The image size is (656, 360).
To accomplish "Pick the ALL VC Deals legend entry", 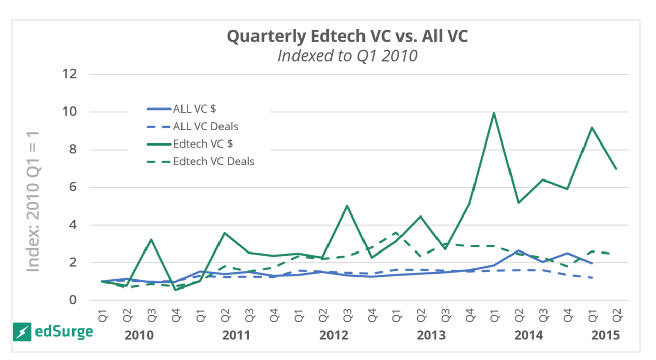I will tap(202, 126).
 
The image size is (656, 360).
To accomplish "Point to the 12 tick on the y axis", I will tap(70, 75).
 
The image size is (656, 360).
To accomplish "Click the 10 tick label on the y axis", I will tap(70, 112).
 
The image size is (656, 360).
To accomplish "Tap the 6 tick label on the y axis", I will tap(73, 187).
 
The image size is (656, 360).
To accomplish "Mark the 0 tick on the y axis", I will tap(73, 300).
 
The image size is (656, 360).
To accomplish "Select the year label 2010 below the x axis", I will tap(138, 335).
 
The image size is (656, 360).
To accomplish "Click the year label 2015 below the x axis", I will tap(605, 335).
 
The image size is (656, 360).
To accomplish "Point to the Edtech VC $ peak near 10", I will tap(494, 113).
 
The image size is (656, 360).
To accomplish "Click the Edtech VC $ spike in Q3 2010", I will tap(151, 239).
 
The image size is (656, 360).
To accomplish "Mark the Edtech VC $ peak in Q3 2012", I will tap(346, 206).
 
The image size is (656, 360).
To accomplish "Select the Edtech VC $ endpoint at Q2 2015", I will tap(616, 169).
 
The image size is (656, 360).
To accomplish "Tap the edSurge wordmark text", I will tap(64, 332).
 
